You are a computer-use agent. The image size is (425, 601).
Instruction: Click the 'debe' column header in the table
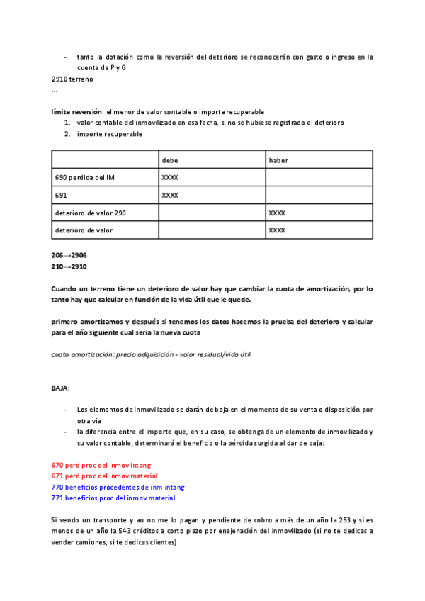click(170, 160)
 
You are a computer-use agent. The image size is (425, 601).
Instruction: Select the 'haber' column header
click(278, 160)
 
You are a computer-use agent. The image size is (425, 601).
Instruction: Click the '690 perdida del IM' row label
click(84, 177)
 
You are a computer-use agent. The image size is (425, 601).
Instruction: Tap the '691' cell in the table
click(60, 195)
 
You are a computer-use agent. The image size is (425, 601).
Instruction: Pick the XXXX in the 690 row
click(170, 177)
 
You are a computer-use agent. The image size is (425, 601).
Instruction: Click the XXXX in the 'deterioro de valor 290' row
click(277, 213)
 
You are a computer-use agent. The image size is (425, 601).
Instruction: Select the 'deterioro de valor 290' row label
click(91, 213)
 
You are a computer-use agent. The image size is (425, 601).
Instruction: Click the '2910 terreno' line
click(72, 79)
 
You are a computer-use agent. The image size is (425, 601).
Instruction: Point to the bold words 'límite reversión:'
click(77, 112)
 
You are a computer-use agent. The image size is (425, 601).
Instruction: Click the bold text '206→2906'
click(69, 254)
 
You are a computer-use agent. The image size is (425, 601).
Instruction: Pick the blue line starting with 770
click(118, 487)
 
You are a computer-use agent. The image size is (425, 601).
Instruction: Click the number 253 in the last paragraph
click(342, 519)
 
